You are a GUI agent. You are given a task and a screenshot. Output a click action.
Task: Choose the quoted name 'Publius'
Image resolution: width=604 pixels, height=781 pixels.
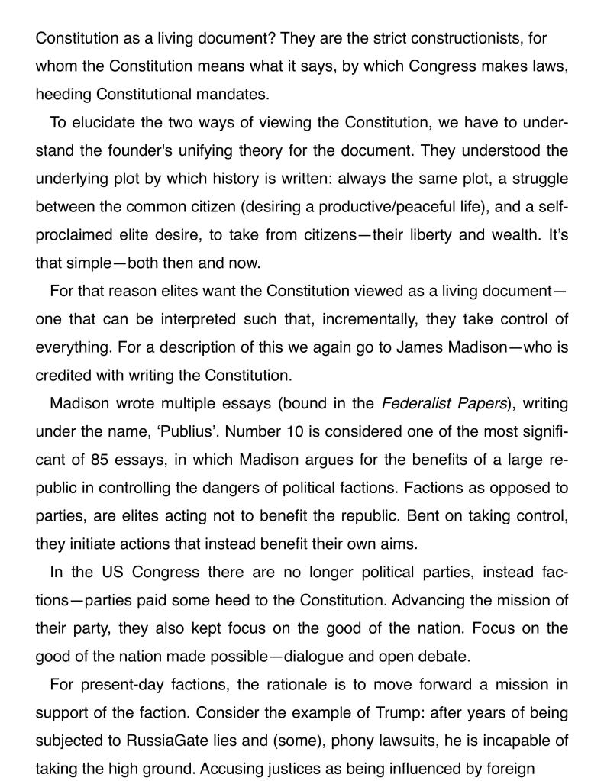coord(191,431)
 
